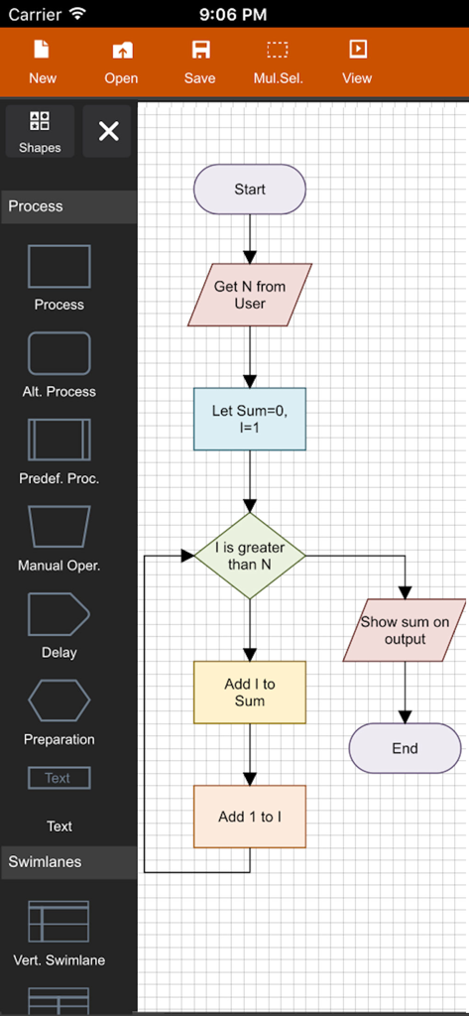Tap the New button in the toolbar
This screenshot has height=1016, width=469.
tap(42, 62)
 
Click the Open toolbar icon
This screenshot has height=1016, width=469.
tap(121, 62)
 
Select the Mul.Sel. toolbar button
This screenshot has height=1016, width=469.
tap(278, 62)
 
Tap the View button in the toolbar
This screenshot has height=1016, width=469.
tap(357, 62)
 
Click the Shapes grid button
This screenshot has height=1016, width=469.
tap(40, 131)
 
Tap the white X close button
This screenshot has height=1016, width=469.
tap(108, 131)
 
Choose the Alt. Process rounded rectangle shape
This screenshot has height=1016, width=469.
tap(59, 353)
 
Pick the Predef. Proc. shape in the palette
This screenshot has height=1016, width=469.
tap(59, 440)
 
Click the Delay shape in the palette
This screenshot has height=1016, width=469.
tap(59, 614)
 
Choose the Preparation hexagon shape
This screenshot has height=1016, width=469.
tap(59, 700)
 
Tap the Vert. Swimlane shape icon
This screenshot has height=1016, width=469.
tap(59, 922)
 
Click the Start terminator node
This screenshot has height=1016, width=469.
tap(250, 190)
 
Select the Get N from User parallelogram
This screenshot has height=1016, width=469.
tap(250, 295)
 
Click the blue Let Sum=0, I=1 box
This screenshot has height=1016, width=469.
tap(250, 419)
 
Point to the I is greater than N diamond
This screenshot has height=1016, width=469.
tap(250, 556)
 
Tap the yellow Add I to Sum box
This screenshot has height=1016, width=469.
tap(250, 692)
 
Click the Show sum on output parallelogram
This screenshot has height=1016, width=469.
tap(405, 630)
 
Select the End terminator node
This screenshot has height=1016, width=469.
tap(405, 748)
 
